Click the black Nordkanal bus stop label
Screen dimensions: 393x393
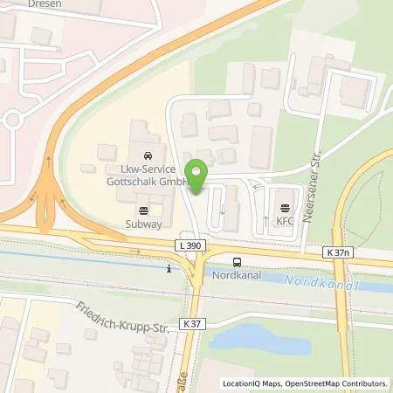coord(235,274)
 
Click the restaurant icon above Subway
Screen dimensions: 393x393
coord(143,210)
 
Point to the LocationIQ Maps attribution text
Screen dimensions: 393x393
coord(253,383)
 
